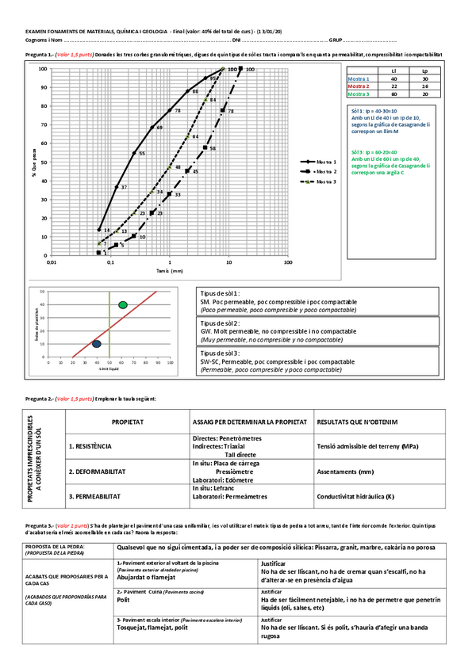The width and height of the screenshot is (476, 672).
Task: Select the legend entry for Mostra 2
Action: (x=320, y=170)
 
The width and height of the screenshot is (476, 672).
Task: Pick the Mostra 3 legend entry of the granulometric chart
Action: (x=320, y=181)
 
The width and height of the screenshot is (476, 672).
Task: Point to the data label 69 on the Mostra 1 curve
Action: (x=159, y=127)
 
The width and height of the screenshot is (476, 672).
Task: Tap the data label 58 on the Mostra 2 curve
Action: (x=213, y=148)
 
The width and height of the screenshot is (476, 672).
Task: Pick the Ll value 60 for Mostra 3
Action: (x=394, y=94)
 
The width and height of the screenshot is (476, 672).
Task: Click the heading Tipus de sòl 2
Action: (x=221, y=323)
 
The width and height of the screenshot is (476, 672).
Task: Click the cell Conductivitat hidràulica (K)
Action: (x=355, y=496)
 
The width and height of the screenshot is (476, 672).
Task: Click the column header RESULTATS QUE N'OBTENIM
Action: (x=357, y=422)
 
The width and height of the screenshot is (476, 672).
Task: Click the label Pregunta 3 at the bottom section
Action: (x=39, y=526)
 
